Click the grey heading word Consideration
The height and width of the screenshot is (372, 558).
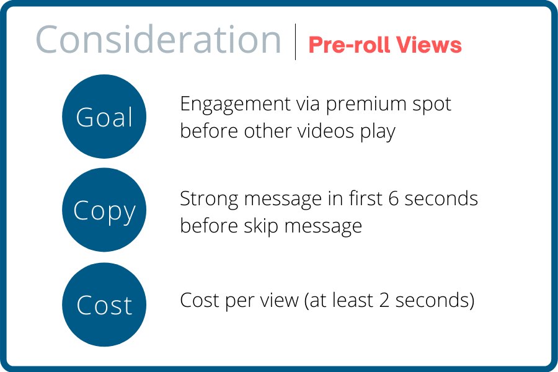click(159, 40)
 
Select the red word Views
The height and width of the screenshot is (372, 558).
click(429, 45)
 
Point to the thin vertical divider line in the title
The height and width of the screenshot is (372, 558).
click(295, 42)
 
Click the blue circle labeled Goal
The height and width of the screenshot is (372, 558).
click(104, 117)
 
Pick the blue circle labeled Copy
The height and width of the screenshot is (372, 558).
click(104, 210)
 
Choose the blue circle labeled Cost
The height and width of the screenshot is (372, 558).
click(104, 304)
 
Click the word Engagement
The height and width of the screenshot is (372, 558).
click(235, 105)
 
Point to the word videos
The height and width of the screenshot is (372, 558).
click(326, 131)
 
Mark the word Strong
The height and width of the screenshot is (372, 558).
click(210, 200)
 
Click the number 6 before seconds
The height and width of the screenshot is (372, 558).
click(394, 198)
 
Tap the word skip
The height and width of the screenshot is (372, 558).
click(261, 227)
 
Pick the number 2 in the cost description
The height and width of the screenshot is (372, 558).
click(384, 300)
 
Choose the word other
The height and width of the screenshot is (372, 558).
click(268, 131)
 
